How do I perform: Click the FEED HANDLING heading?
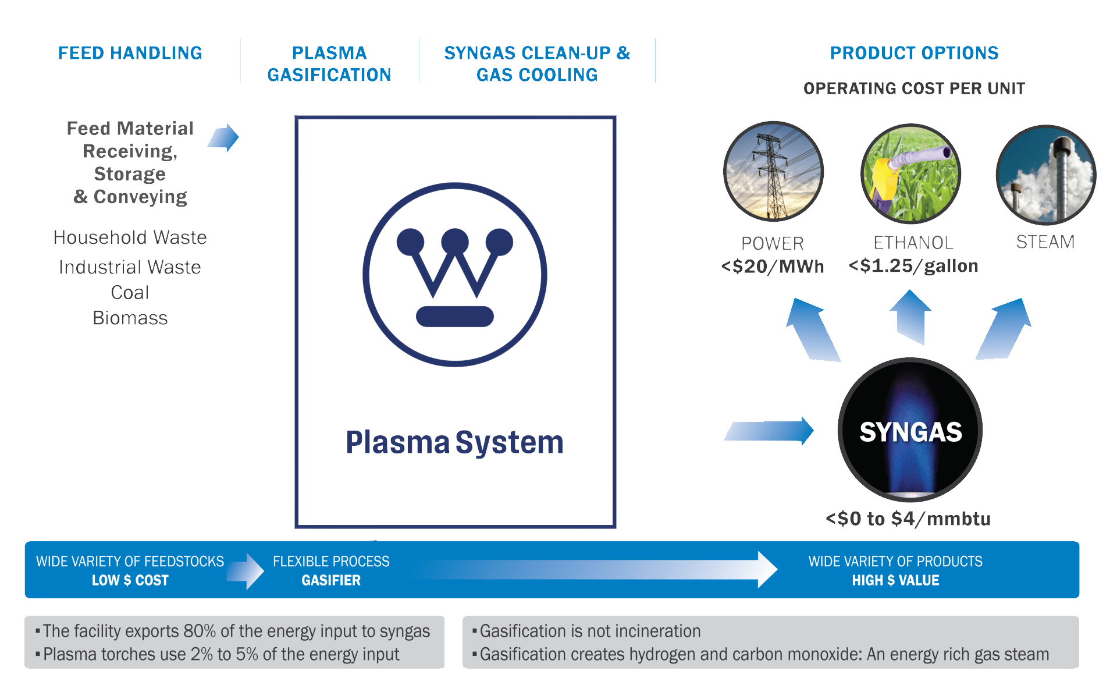coord(130,53)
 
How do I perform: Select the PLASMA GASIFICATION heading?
coord(329,64)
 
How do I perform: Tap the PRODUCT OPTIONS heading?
coord(913,53)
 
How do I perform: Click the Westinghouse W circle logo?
coord(455,275)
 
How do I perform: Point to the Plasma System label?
coord(454,442)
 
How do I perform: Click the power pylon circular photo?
coord(773,171)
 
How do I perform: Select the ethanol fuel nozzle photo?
coord(910,173)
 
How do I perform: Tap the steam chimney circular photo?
coord(1045,175)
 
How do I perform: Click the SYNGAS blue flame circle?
coord(910,430)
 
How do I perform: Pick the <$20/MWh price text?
coord(772,267)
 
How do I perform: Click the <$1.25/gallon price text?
coord(913,266)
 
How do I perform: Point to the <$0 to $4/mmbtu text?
coord(908,519)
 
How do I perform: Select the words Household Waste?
coord(130,237)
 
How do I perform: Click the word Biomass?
coord(130,318)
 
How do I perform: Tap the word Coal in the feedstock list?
coord(130,292)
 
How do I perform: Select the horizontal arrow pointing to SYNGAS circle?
coord(769,431)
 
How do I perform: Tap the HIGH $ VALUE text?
coord(895,580)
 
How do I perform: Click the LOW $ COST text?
coord(130,580)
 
